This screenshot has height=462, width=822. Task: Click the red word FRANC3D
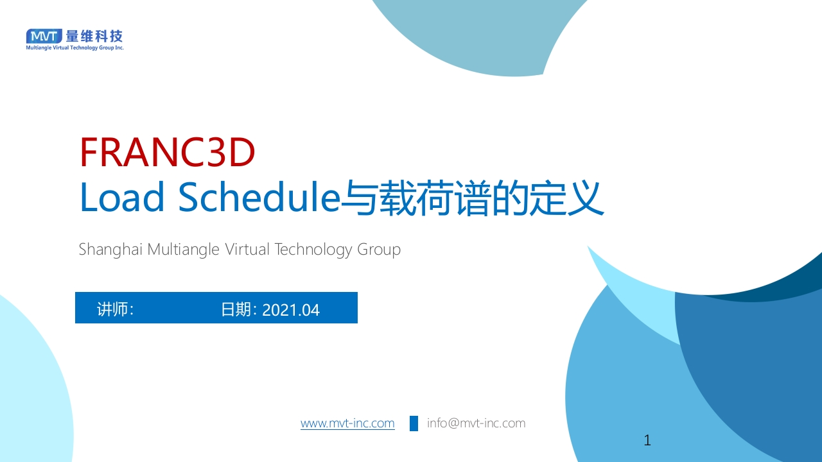pos(167,153)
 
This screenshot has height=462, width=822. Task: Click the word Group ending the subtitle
pos(379,249)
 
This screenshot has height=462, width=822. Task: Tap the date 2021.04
pos(291,310)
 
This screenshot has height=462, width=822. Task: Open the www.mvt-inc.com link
pos(347,424)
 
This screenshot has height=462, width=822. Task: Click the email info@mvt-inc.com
pos(476,424)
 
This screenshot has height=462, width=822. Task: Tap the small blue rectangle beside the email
pos(414,424)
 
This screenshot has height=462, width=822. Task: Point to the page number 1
pos(647,440)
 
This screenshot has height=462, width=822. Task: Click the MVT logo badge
pos(44,36)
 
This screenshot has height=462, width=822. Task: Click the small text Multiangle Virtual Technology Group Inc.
pos(74,47)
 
